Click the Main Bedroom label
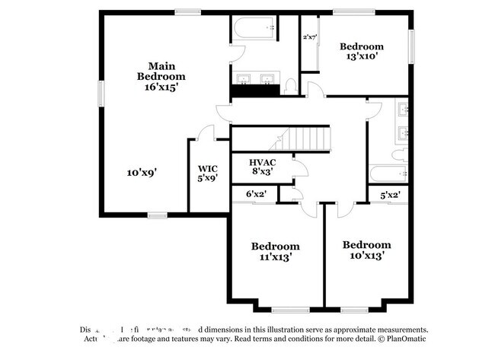tap(161, 77)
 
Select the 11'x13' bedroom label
tap(275, 252)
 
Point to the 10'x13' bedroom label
tap(366, 250)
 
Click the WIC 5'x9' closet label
tap(208, 173)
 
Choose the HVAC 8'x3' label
tap(262, 167)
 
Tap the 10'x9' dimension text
tap(142, 173)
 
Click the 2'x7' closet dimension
tap(310, 37)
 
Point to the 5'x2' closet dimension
tap(390, 195)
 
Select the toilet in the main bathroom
tap(290, 87)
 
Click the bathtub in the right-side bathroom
tap(388, 172)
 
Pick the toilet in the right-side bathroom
tap(397, 154)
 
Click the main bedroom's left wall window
tap(100, 93)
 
